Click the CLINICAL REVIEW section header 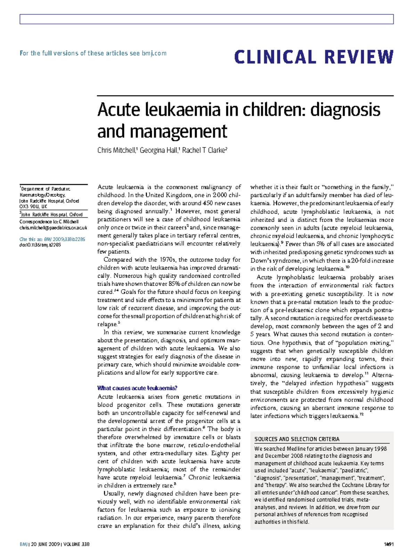314,57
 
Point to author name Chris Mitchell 116,150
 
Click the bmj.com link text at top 154,53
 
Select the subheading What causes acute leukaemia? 137,388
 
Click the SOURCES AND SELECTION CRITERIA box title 297,439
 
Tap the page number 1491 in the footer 389,544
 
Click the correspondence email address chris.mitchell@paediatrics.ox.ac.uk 53,228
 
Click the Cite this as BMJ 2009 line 52,239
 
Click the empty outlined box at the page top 206,19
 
